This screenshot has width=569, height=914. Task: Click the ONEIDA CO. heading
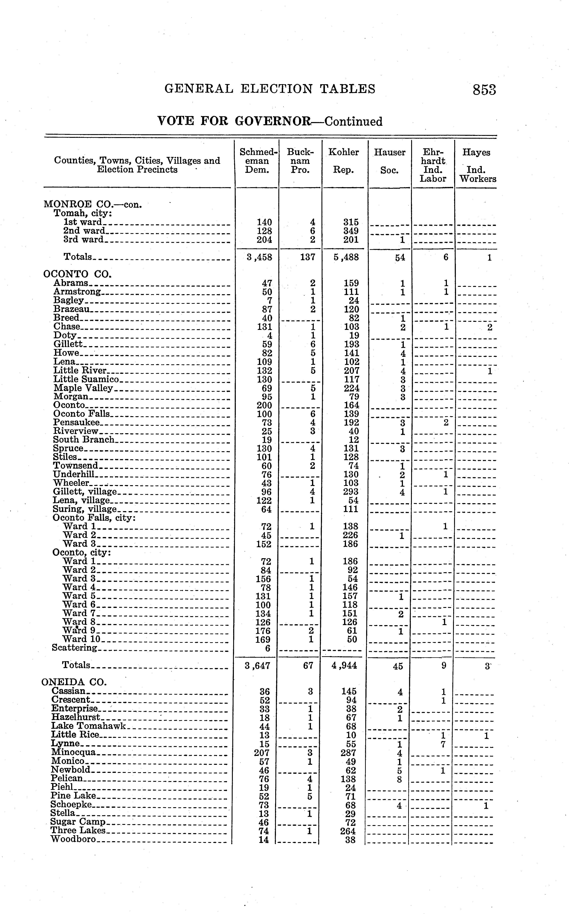point(74,682)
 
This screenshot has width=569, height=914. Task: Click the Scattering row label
point(74,648)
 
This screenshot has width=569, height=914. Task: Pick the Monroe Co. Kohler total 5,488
point(346,258)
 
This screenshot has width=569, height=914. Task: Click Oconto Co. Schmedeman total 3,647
point(257,666)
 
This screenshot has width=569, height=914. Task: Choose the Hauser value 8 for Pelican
point(399,779)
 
